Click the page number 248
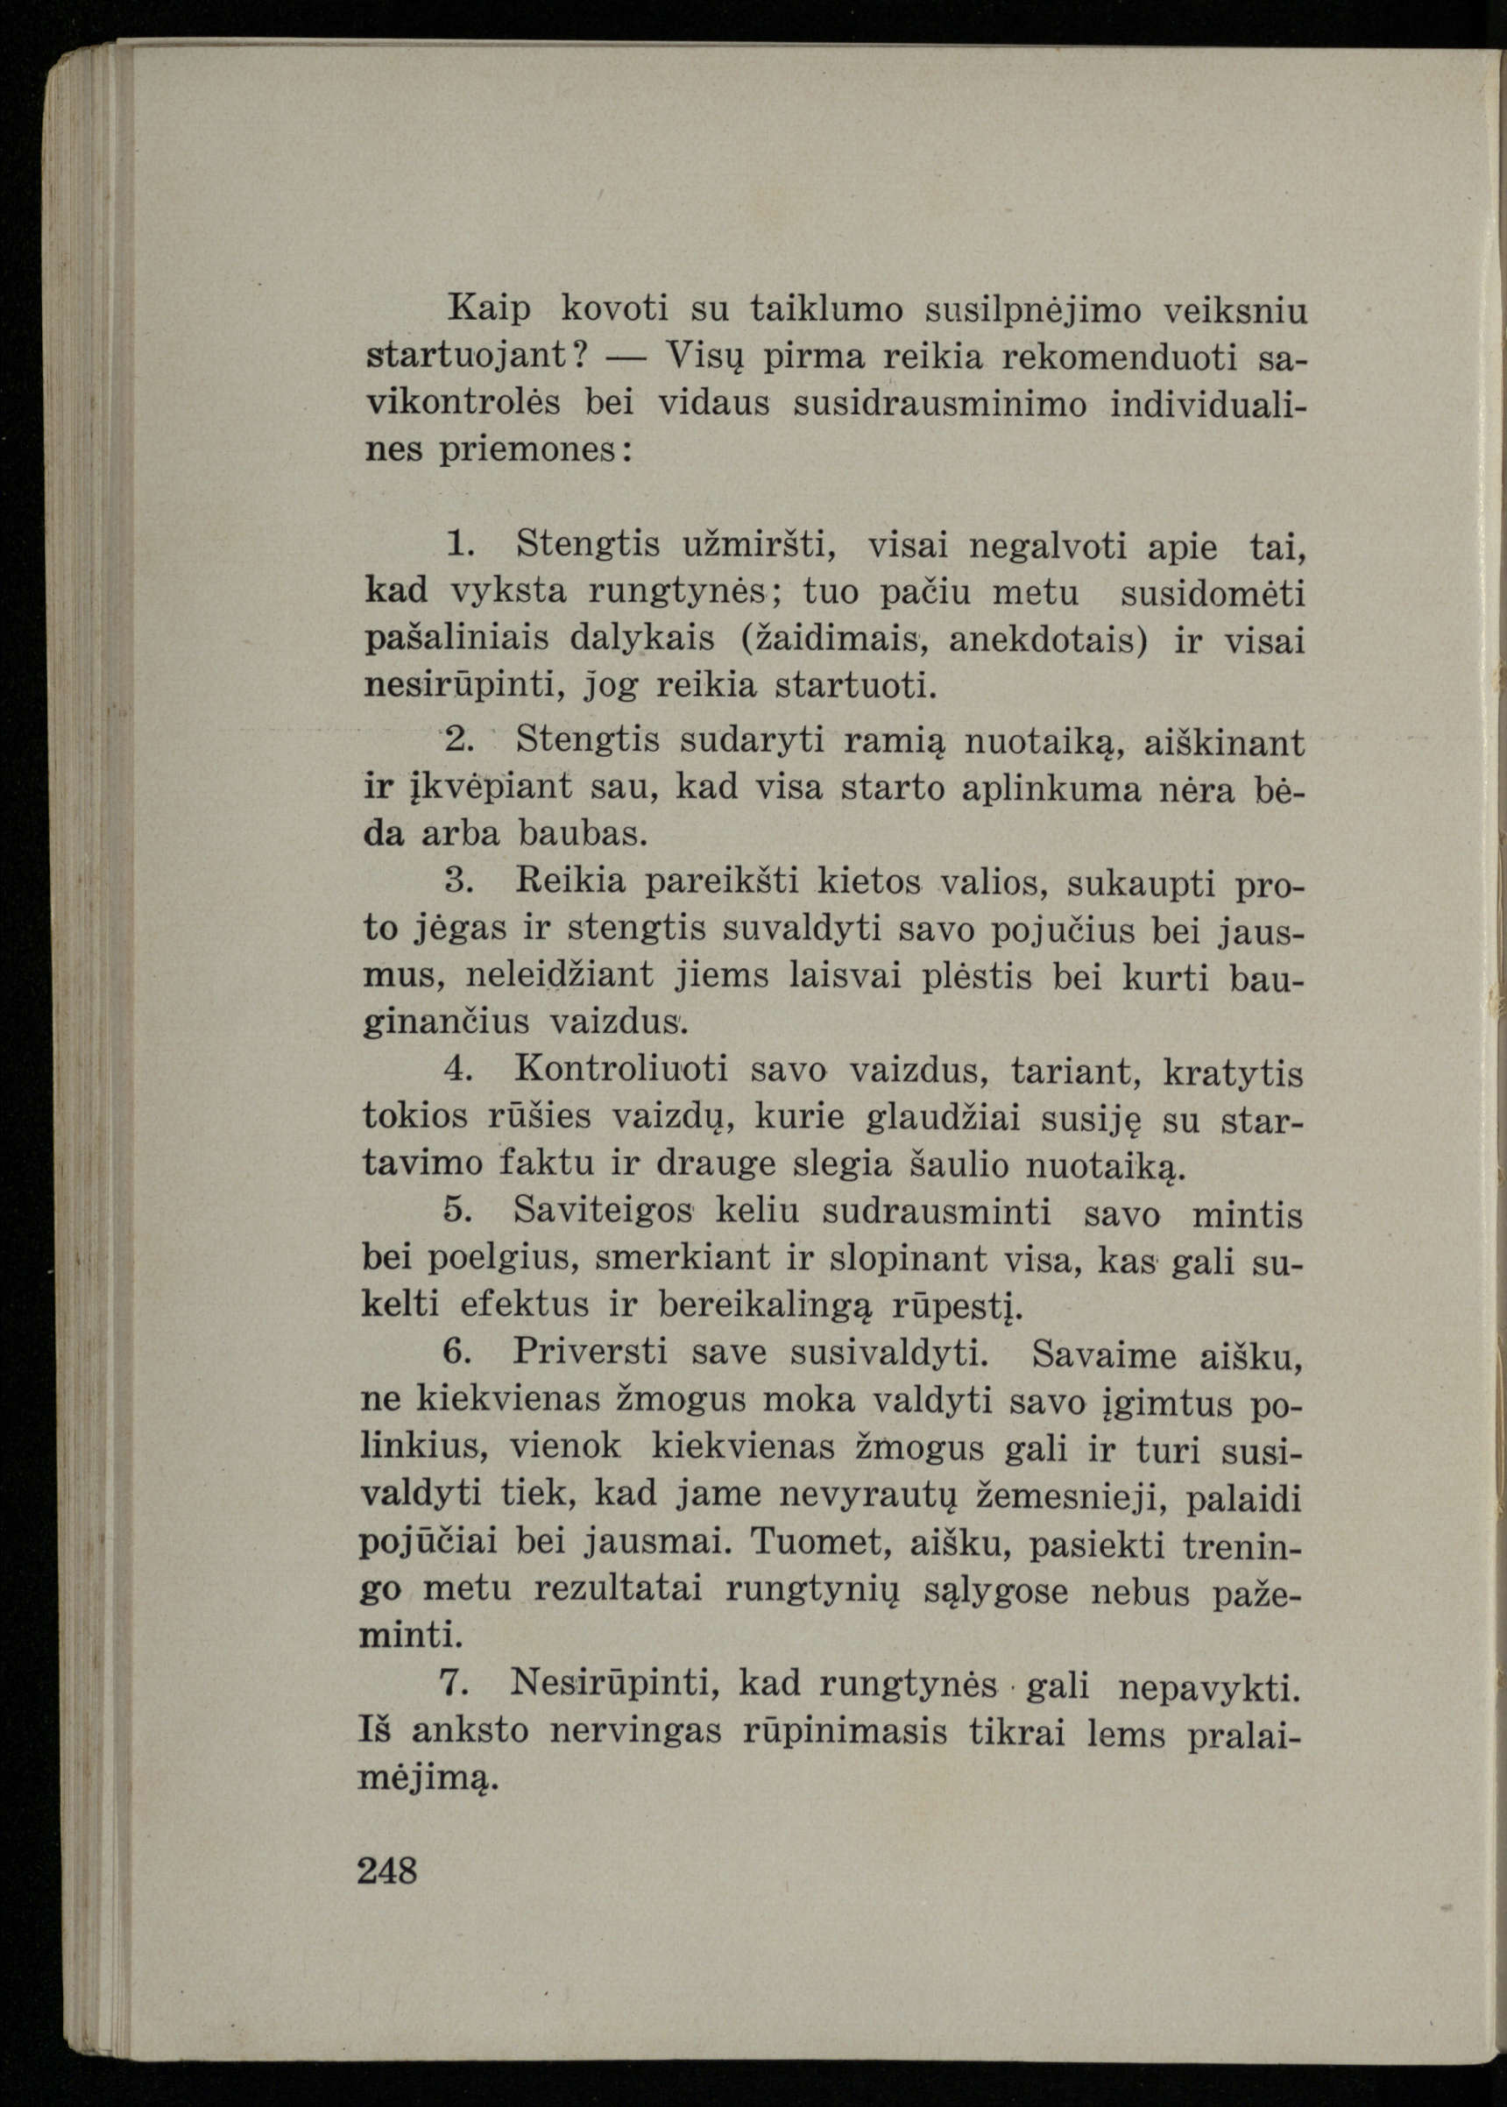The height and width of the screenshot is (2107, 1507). point(387,1870)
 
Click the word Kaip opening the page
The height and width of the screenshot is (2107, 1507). point(489,310)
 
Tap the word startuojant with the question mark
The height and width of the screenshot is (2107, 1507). point(478,357)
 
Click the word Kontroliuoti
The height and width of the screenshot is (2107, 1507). point(621,1069)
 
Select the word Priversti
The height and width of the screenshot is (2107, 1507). point(591,1351)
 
